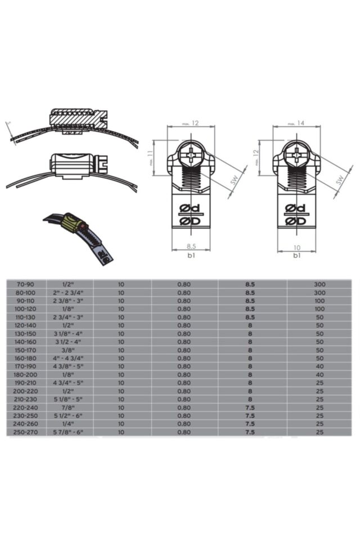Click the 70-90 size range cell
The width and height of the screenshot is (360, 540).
click(x=25, y=285)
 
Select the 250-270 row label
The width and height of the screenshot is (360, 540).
click(x=25, y=432)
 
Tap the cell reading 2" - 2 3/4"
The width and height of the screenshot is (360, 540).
click(x=70, y=292)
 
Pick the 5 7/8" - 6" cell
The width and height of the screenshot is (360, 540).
click(x=70, y=432)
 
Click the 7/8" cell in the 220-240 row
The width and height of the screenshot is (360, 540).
click(x=70, y=407)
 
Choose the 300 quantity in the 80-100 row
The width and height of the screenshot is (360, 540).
click(x=319, y=292)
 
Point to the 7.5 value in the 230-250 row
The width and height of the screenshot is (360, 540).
click(x=250, y=415)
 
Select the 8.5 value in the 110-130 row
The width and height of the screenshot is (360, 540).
click(x=250, y=317)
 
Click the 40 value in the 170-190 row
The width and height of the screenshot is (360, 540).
click(x=319, y=366)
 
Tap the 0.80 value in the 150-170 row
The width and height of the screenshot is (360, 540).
click(x=184, y=350)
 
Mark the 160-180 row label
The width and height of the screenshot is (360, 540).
click(x=25, y=358)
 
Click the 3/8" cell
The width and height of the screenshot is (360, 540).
click(x=70, y=350)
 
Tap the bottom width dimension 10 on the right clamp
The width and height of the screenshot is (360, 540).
click(x=296, y=246)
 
